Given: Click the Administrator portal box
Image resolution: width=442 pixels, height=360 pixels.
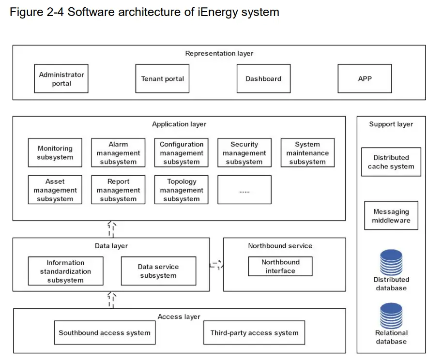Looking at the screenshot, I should (x=61, y=79).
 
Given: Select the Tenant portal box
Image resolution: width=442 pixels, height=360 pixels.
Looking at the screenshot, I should (x=162, y=79).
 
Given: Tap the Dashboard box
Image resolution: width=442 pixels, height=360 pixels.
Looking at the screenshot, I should (x=263, y=79).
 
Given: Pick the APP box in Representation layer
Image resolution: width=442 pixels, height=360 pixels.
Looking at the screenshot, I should (x=365, y=79).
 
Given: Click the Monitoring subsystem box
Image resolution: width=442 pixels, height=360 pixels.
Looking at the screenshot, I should (x=55, y=153).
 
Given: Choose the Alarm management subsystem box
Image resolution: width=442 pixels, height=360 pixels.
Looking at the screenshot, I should (x=118, y=153).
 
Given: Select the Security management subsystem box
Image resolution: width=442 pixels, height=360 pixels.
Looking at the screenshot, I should (x=244, y=153).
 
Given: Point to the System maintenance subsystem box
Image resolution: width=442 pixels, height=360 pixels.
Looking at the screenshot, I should (x=307, y=153).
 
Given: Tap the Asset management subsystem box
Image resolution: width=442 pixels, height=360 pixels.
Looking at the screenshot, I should (x=55, y=190).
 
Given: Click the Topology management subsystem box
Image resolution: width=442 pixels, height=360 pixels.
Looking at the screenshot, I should (x=182, y=190).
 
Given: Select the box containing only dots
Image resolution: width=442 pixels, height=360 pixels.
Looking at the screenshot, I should (x=244, y=190).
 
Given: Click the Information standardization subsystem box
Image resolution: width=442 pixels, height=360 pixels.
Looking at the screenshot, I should (x=65, y=271).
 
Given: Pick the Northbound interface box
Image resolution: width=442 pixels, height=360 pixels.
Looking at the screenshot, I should (x=280, y=266).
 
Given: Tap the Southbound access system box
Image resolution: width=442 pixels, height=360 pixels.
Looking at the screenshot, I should (x=105, y=332).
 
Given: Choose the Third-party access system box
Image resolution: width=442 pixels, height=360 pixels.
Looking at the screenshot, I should (x=254, y=332).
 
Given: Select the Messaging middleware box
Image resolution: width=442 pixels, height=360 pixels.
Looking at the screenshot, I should (x=391, y=216).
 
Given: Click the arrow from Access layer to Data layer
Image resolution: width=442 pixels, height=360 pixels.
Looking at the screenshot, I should (x=111, y=300).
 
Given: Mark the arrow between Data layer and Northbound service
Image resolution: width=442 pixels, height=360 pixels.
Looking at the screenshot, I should (x=216, y=265).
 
